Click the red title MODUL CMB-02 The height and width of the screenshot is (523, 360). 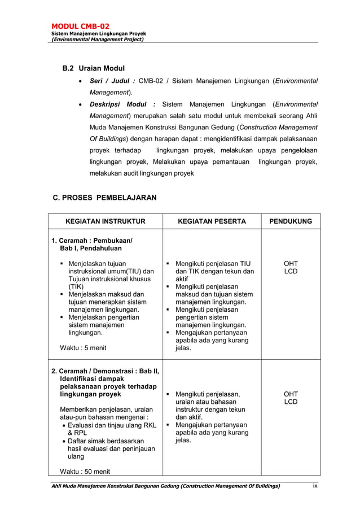point(80,26)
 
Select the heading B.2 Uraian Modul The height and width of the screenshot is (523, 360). point(93,68)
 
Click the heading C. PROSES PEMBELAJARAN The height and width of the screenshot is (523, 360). point(104,198)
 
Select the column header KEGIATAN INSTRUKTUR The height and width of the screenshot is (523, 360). point(106,221)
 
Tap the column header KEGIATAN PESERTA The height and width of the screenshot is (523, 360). point(212,221)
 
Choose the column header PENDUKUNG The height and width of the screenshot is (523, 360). point(290,221)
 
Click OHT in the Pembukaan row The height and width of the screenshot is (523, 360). point(291,264)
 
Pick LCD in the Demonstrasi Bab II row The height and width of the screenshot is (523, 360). point(291,402)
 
